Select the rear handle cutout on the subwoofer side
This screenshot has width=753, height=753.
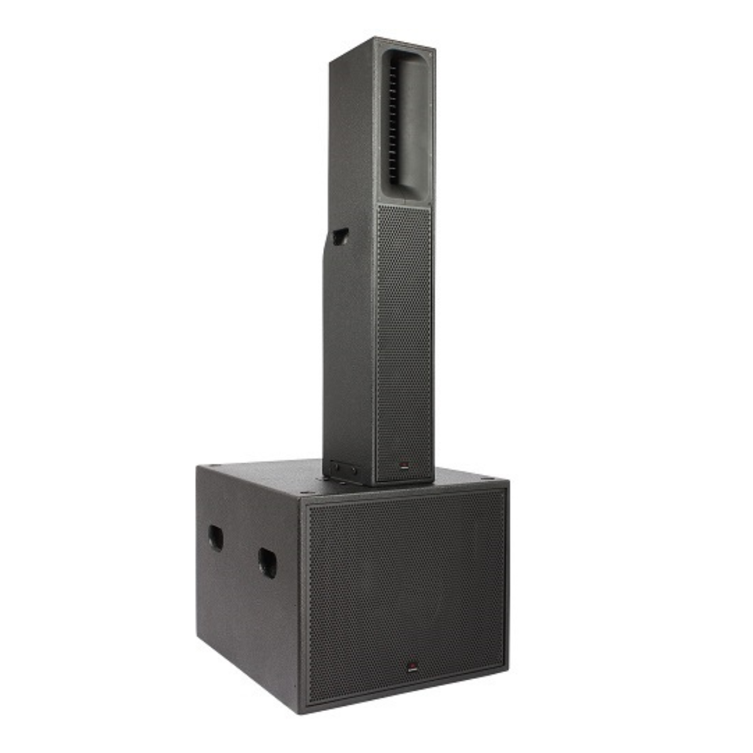click(215, 538)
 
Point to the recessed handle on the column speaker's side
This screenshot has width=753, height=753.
click(340, 237)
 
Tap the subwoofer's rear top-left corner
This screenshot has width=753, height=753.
click(198, 467)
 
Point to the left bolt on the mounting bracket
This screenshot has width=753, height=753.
click(334, 467)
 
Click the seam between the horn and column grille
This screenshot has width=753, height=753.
click(404, 204)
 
